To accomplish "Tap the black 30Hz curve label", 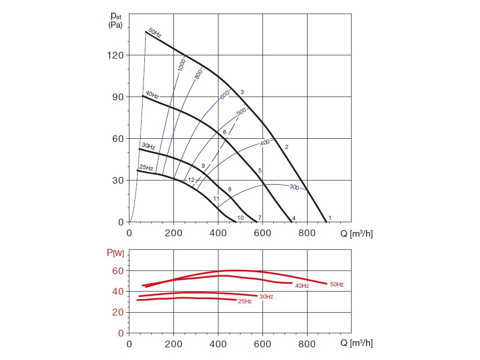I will pos(148,146).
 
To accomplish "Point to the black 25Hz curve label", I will pos(146,168).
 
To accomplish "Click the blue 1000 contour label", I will pos(182,65).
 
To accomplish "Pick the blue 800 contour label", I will pos(199,74).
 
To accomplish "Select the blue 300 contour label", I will pos(294,187).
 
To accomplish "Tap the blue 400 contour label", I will pos(265,142).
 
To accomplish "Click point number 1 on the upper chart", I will pos(330,217).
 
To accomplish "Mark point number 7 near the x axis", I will pos(259,218).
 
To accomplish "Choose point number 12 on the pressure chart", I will pos(191,180).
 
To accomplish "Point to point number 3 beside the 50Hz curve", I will pos(242,92).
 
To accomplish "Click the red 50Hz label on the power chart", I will pos(337,285).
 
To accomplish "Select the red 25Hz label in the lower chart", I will pos(245,301).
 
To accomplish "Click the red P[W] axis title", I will pos(115,254).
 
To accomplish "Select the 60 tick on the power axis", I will pos(118,271).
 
